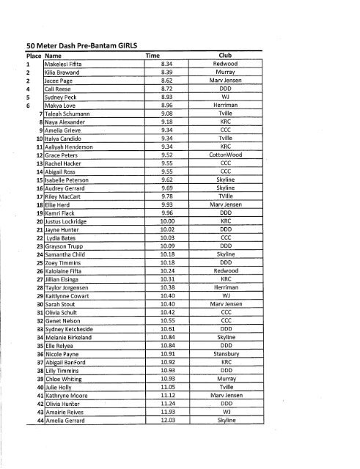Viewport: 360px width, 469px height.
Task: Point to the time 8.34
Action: click(x=166, y=64)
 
